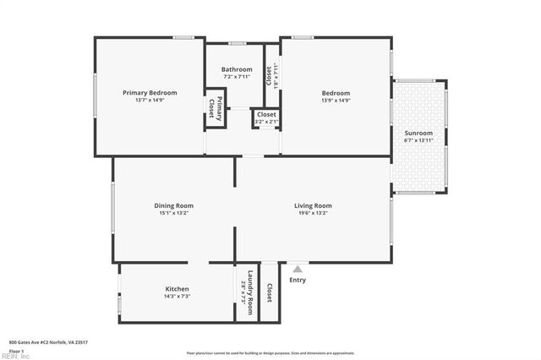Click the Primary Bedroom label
click(150, 92)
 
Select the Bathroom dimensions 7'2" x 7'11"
click(237, 77)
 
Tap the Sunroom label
click(418, 133)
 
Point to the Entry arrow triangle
click(297, 269)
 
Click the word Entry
click(298, 280)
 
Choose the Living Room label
click(313, 205)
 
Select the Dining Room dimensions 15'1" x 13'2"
click(173, 213)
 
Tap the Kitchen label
click(177, 289)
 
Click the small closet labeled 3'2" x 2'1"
click(266, 117)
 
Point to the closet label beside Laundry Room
click(270, 292)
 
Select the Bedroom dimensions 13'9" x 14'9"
click(336, 100)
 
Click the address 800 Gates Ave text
click(48, 342)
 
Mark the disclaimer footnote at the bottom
click(270, 352)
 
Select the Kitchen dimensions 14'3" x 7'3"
click(177, 297)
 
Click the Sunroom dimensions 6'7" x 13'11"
click(418, 140)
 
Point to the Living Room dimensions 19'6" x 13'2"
click(313, 213)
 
